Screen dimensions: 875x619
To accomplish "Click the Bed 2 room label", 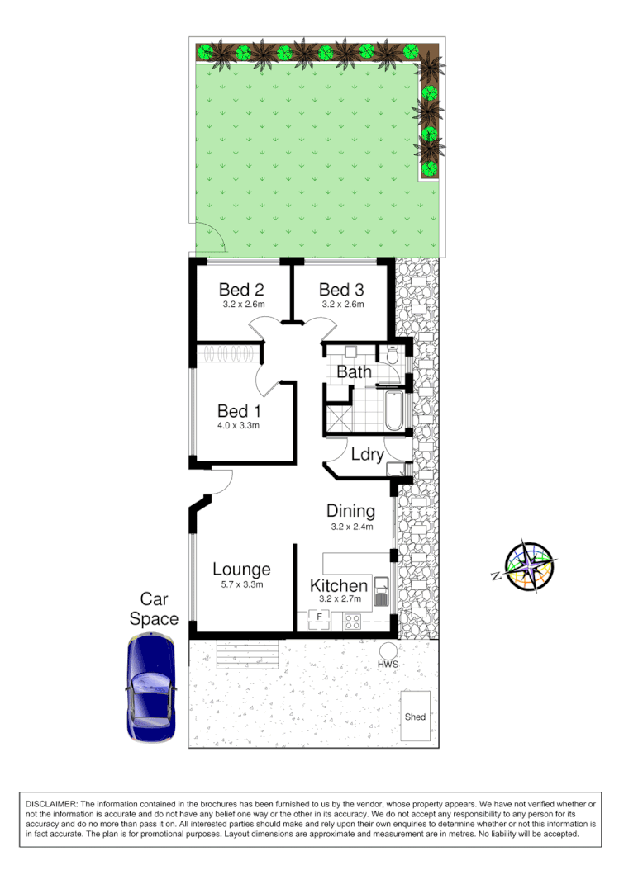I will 241,290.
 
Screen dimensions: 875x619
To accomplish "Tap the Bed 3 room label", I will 340,290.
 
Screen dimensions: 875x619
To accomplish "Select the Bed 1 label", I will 238,411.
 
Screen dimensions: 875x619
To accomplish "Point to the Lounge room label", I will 241,570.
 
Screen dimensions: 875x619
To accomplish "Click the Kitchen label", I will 338,586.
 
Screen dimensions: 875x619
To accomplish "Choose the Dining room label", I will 350,512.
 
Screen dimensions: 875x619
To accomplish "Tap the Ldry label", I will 367,455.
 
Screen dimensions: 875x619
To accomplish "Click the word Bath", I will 354,372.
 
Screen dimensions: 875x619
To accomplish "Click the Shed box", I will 415,717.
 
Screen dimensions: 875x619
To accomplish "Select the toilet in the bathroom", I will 392,356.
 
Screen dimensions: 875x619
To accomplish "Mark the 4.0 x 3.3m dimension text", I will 238,427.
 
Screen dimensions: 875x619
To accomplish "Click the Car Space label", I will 159,609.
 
